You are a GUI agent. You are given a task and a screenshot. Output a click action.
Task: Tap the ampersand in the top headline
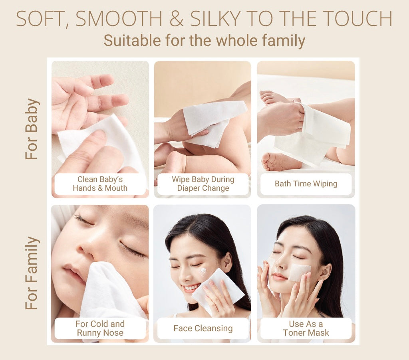176,18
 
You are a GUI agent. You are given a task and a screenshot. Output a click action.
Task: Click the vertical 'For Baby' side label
32,129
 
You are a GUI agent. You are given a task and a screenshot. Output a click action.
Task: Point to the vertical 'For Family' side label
32,273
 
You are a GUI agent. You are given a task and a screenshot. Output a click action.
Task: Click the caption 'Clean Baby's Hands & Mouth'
100,184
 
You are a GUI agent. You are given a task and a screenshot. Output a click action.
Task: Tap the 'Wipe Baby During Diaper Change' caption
203,184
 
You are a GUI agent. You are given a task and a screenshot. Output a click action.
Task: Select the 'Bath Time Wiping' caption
306,184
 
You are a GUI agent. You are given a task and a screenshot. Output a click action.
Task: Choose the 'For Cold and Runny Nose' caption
100,328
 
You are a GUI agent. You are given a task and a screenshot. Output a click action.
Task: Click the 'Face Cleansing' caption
203,328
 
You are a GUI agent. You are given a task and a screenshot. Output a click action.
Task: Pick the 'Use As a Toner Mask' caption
306,328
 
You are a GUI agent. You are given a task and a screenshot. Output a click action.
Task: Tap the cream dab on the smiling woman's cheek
203,272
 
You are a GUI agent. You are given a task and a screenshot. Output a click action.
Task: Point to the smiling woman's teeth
191,288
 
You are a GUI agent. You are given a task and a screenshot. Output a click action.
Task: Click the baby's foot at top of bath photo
274,97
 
